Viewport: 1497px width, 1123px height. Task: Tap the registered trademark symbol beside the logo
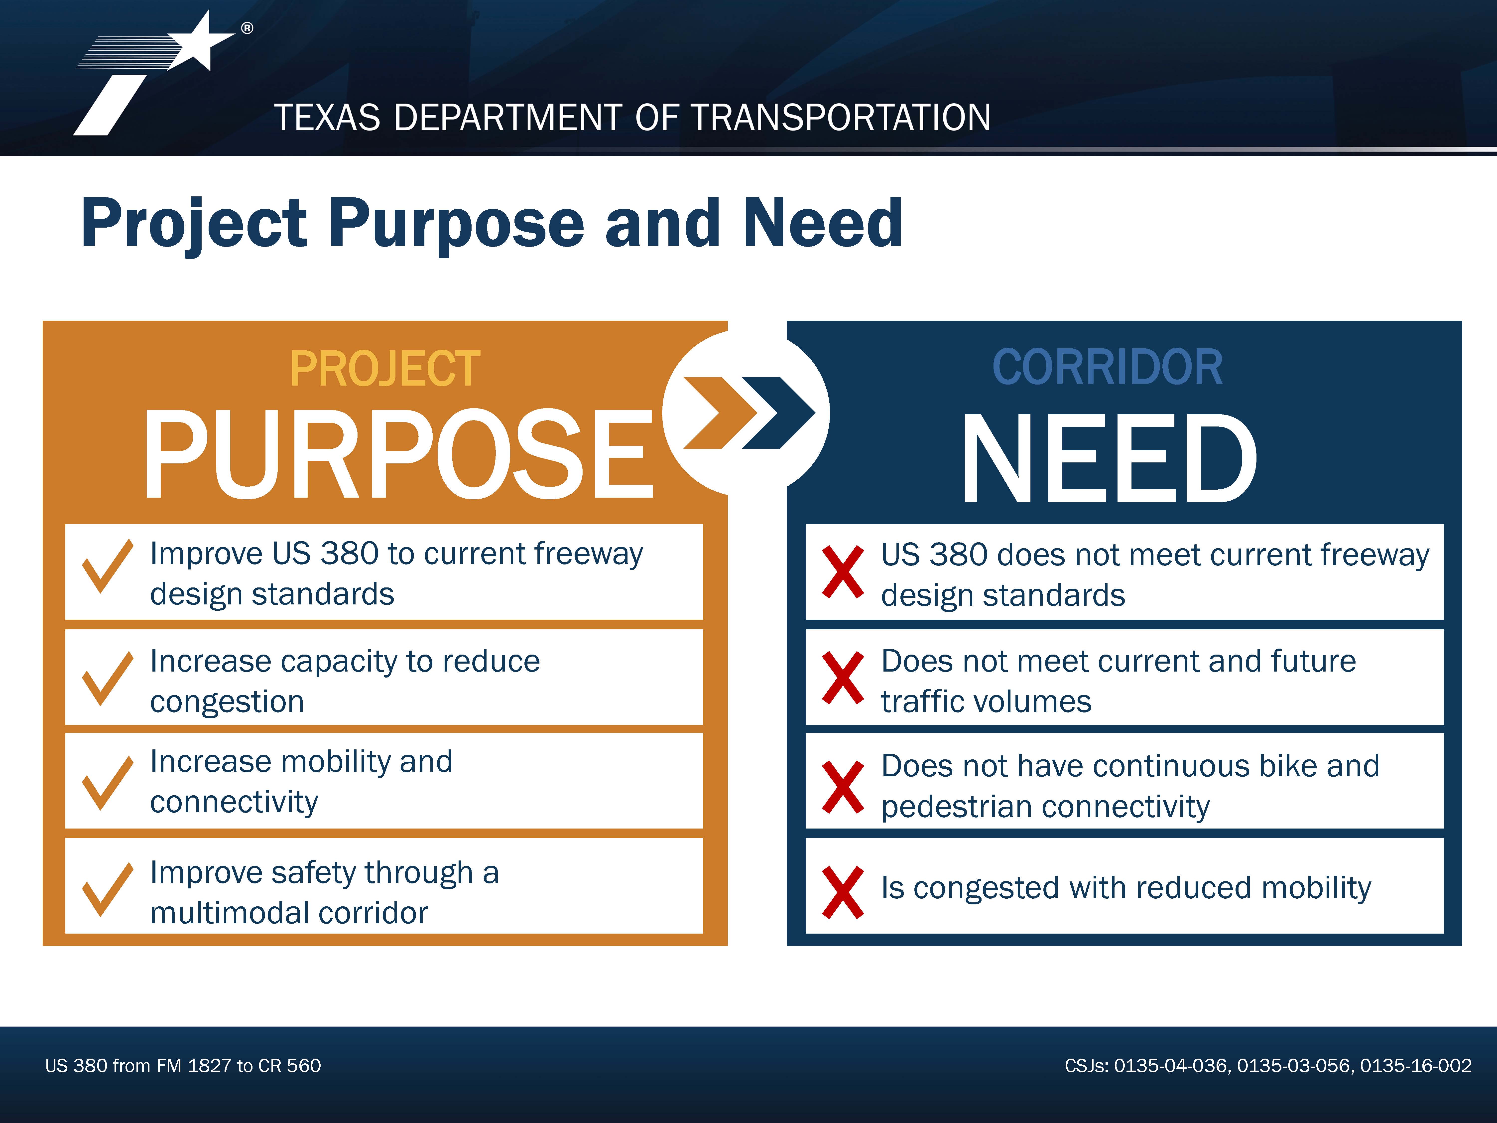tap(247, 28)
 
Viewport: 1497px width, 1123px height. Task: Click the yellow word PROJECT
tap(385, 369)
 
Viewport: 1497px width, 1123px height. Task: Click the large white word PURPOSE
tap(399, 453)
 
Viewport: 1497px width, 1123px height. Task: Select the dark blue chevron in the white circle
tap(778, 413)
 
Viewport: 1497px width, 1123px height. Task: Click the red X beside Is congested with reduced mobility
tap(843, 892)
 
